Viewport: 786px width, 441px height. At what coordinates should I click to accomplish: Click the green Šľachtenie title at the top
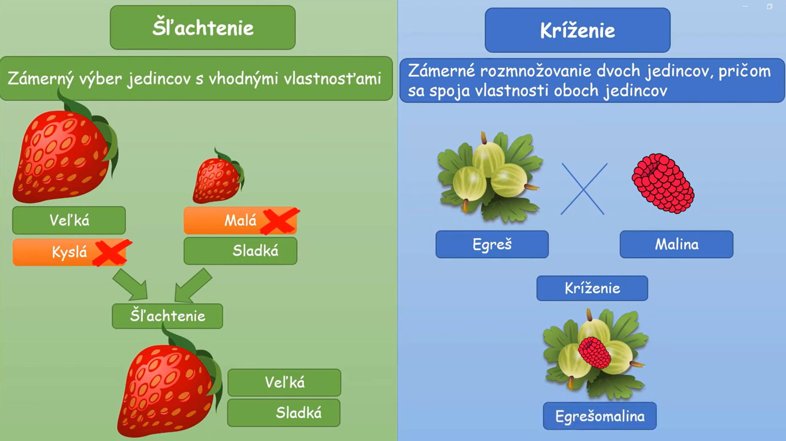point(203,28)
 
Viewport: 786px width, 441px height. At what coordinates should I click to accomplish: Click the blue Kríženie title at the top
point(577,30)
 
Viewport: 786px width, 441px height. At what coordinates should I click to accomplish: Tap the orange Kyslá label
point(69,252)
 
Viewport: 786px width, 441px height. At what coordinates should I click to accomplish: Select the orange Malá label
point(240,221)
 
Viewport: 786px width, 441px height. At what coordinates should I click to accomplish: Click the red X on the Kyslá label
point(112,253)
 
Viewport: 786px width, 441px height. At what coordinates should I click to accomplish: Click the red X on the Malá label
point(280,221)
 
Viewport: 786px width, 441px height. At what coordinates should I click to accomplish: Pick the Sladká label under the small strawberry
point(240,251)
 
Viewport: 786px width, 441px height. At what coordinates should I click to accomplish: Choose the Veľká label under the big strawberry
point(69,220)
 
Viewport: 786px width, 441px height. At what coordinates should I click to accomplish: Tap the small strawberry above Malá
point(218,176)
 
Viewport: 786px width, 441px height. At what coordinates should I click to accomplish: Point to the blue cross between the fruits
point(584,189)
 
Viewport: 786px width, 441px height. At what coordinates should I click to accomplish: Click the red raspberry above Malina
point(663,183)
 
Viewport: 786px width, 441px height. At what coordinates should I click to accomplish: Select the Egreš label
point(492,244)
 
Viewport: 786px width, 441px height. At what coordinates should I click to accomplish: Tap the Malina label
point(676,244)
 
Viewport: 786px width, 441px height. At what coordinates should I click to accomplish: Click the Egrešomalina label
point(600,416)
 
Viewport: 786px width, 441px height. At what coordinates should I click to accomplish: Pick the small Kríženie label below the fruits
point(592,288)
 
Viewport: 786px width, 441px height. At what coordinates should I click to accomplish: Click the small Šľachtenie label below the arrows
point(167,316)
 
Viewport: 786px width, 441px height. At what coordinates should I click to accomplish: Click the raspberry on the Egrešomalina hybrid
point(595,353)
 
